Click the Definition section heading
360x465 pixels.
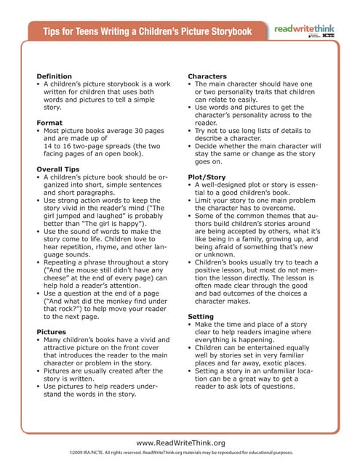click(54, 76)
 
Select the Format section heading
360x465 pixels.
click(49, 123)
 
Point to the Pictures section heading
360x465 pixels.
click(51, 331)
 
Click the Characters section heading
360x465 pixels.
click(207, 76)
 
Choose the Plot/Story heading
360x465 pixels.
click(207, 177)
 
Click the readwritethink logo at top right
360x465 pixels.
click(305, 30)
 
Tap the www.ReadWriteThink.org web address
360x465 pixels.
click(180, 442)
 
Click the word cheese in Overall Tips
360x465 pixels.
click(58, 269)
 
